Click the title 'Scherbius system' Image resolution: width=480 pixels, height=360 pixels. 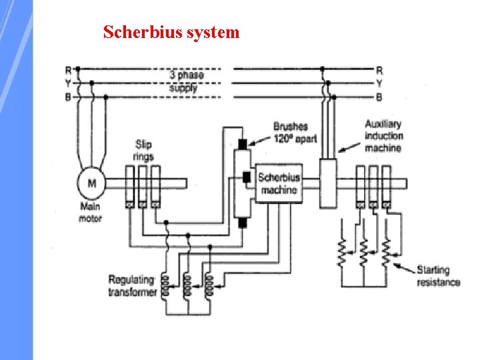pos(171,32)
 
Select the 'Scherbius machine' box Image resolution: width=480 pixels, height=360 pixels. pos(279,183)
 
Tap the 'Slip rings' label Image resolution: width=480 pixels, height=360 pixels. pos(143,150)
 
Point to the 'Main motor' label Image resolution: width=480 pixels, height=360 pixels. pos(90,213)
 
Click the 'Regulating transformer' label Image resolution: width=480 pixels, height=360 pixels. pos(132,286)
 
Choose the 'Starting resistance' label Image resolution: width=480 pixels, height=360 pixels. pos(438,276)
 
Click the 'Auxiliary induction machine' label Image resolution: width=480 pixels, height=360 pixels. pos(383,136)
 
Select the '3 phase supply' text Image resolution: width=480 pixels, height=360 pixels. pos(186,81)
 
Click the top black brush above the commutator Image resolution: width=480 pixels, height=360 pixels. pos(242,143)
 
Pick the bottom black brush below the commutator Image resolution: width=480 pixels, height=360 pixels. pos(242,222)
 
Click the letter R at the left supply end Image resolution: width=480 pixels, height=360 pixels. pos(68,69)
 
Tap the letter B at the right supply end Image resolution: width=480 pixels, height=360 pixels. pos(379,97)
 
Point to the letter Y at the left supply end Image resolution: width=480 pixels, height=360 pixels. pos(68,83)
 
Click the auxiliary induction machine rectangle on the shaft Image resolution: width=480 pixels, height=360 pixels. pos(327,182)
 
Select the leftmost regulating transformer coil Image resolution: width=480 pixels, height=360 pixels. pos(166,285)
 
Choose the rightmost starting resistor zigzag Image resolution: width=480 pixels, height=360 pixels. pos(386,252)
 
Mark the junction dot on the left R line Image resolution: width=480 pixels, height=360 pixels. pos(78,69)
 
